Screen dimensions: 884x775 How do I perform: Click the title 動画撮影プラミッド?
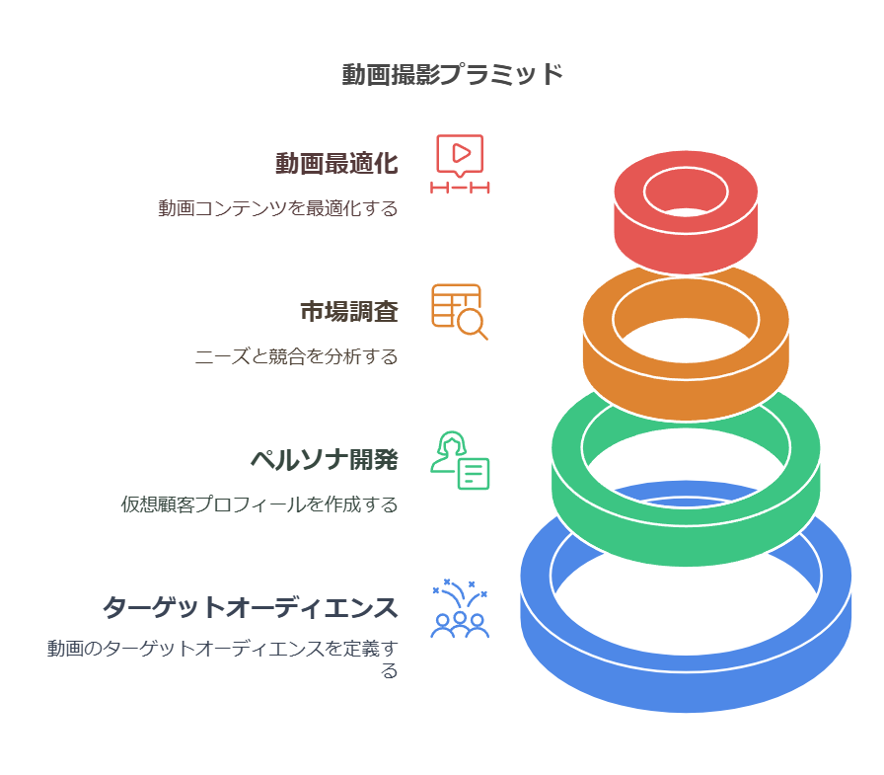(452, 74)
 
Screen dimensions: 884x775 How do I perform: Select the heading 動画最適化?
(336, 164)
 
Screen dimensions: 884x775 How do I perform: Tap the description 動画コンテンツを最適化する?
(278, 208)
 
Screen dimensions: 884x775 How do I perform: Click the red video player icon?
(460, 164)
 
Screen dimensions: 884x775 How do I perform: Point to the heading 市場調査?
(349, 311)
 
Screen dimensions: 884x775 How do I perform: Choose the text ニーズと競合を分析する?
(297, 356)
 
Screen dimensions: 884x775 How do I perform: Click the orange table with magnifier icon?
(460, 312)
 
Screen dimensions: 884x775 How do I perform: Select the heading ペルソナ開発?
(325, 460)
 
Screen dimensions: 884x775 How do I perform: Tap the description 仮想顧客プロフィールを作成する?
(259, 504)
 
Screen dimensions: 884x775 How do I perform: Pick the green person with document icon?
(460, 460)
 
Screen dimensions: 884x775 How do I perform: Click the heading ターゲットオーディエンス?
(251, 608)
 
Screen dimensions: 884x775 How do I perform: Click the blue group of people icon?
(460, 608)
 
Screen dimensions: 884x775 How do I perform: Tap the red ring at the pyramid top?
(686, 212)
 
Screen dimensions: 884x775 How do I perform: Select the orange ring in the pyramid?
(686, 343)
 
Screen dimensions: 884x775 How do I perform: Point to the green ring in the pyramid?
(686, 477)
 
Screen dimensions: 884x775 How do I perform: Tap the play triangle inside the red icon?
(461, 153)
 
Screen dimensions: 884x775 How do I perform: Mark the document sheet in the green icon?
(474, 474)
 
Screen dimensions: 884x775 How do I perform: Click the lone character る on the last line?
(390, 671)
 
